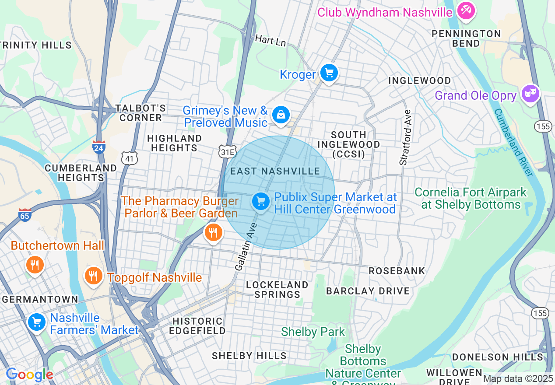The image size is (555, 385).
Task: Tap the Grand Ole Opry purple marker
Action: pyautogui.click(x=530, y=94)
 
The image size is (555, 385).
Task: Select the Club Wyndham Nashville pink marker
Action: pyautogui.click(x=466, y=11)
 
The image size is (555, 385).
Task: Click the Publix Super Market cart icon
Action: pyautogui.click(x=261, y=202)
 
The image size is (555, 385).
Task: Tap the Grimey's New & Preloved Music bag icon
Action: pyautogui.click(x=281, y=115)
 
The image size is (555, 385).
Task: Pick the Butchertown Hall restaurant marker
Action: pyautogui.click(x=35, y=265)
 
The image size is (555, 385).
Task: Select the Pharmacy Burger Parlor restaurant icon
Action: pyautogui.click(x=213, y=233)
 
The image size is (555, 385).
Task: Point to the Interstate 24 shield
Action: pyautogui.click(x=99, y=147)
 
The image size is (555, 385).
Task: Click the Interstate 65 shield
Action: pyautogui.click(x=25, y=215)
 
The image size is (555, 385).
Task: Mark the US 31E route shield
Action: pyautogui.click(x=227, y=151)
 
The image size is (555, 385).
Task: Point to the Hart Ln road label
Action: pyautogui.click(x=270, y=41)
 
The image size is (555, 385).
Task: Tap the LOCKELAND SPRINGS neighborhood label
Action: pyautogui.click(x=277, y=290)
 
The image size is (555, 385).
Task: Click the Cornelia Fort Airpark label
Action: pyautogui.click(x=471, y=198)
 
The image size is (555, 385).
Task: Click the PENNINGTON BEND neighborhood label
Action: pyautogui.click(x=466, y=38)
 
